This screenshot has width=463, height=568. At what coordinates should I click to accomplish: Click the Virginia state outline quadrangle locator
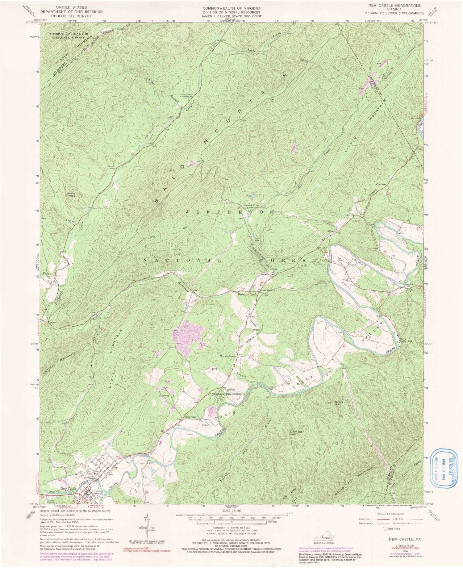coord(323,538)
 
